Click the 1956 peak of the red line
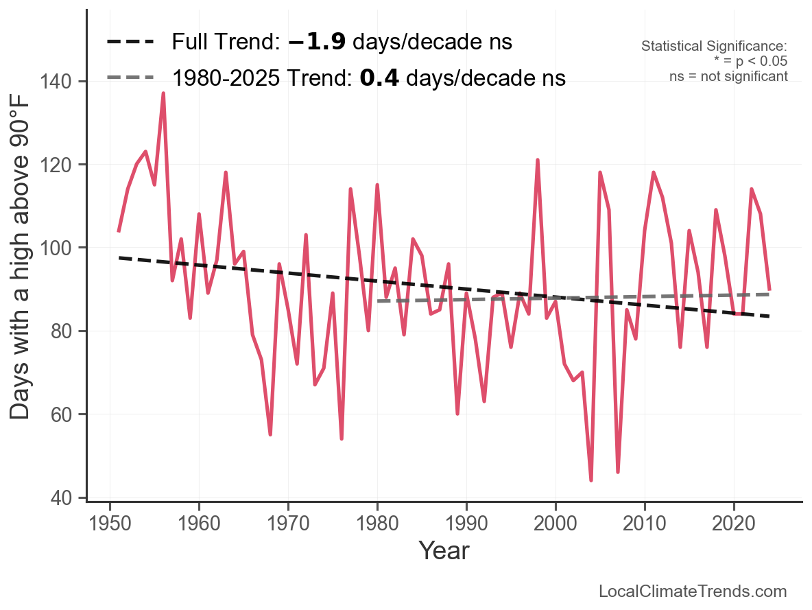163,93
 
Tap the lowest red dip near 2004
591,480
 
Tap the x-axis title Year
444,550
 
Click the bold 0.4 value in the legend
379,78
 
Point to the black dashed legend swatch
131,43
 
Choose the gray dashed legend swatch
131,78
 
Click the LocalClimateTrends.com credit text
693,591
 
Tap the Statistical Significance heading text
714,47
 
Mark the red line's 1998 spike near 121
538,160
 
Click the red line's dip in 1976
342,438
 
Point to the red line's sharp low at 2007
618,471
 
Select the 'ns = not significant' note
728,76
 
